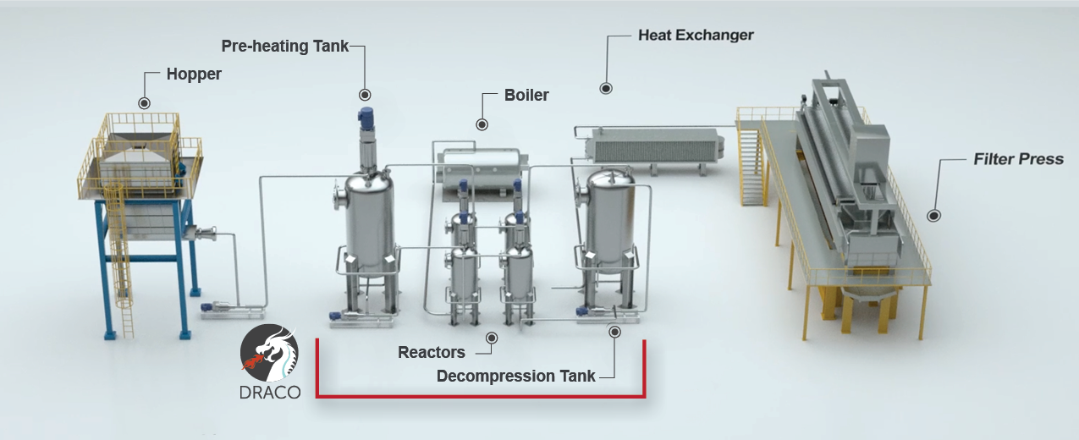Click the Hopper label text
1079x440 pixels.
194,74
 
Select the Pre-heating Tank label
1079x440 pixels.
284,47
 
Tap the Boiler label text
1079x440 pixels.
526,95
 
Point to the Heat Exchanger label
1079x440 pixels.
696,36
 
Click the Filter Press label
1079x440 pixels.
1018,159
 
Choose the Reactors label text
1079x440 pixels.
431,352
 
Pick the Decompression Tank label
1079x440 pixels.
515,376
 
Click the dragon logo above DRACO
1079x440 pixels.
269,353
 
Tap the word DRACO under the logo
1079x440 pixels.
270,393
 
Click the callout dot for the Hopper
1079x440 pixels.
144,103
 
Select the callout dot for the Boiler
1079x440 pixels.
482,124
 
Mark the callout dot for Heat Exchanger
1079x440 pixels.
606,88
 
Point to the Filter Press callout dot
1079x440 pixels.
934,216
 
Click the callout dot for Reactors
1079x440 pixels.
492,338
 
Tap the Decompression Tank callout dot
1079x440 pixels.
614,332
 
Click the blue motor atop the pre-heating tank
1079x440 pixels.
366,118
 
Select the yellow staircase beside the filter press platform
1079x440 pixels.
751,163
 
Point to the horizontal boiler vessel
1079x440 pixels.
482,171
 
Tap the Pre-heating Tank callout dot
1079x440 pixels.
365,95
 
